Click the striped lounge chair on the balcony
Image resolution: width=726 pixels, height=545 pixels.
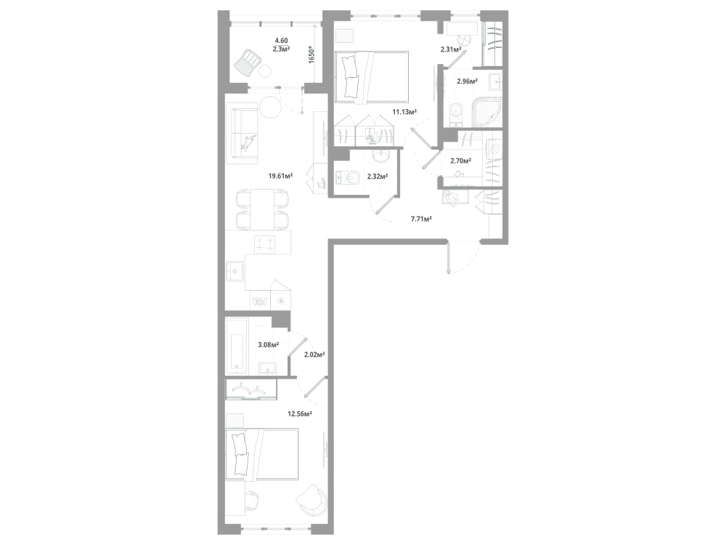[x=250, y=62]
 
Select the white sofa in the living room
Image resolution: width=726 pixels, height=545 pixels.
[x=242, y=134]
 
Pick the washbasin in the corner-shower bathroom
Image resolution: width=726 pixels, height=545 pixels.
[x=495, y=83]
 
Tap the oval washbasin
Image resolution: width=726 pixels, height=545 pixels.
[x=380, y=155]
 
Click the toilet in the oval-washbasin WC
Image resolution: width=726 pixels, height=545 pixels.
[x=349, y=177]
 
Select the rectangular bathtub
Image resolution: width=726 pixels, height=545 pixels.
[x=237, y=345]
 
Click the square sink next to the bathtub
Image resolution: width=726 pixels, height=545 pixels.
[x=267, y=368]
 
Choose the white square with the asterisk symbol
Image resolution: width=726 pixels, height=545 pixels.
[x=281, y=299]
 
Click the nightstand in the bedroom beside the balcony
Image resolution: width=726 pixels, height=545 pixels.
[x=344, y=36]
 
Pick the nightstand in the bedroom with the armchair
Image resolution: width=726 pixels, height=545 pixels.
[x=234, y=421]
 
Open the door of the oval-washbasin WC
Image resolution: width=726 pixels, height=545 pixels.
[x=383, y=206]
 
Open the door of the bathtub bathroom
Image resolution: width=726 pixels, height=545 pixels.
[x=298, y=344]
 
